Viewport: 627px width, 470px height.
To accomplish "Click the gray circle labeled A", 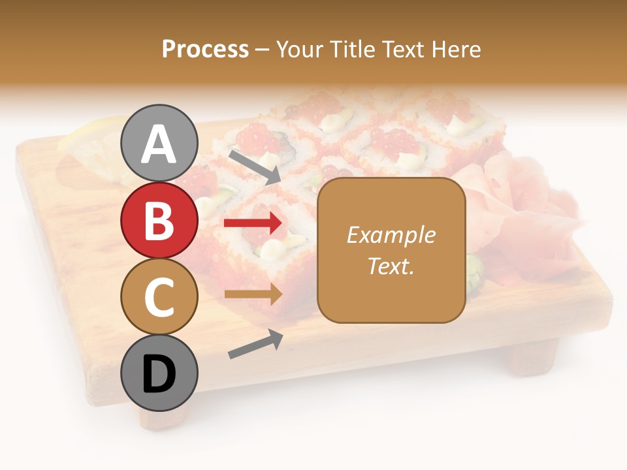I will coord(159,143).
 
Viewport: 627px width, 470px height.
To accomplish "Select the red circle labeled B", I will coord(159,220).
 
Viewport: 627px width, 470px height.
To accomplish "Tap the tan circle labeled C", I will coord(159,296).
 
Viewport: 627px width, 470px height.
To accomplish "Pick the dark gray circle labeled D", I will coord(159,373).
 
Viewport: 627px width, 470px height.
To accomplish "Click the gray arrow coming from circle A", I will coord(254,167).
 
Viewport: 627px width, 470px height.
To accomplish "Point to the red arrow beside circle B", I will coord(253,223).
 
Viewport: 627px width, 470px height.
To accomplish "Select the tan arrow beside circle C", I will coord(253,294).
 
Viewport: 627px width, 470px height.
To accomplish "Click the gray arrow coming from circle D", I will coord(255,344).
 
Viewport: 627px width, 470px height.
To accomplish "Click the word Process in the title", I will coord(205,49).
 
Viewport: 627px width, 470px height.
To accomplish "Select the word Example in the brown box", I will coord(391,235).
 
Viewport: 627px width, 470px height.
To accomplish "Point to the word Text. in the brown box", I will coord(391,266).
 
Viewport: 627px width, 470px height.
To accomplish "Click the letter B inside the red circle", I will coord(159,221).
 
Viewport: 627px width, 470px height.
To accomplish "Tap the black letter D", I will coord(159,374).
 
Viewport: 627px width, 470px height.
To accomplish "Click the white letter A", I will coord(159,144).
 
